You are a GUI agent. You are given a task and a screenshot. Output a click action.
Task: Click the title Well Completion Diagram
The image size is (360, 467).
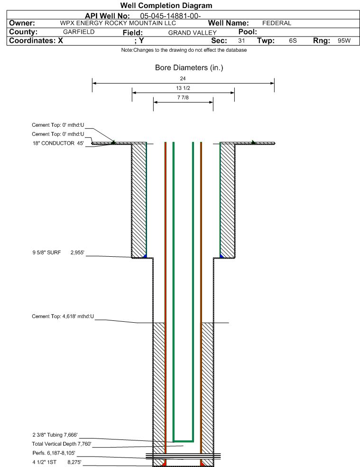pyautogui.click(x=166, y=6)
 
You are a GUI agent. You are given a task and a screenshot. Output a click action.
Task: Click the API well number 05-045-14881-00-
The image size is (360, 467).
pyautogui.click(x=170, y=16)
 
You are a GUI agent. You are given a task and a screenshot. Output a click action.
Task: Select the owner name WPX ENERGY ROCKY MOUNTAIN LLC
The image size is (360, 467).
pyautogui.click(x=118, y=23)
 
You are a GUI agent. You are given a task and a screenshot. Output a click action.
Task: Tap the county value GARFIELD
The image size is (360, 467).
pyautogui.click(x=79, y=32)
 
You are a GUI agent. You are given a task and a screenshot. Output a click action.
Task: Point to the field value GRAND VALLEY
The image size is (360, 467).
pyautogui.click(x=193, y=33)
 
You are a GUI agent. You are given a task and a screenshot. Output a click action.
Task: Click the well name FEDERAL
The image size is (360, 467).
pyautogui.click(x=277, y=23)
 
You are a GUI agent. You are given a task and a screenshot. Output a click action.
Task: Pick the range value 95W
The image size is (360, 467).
pyautogui.click(x=344, y=41)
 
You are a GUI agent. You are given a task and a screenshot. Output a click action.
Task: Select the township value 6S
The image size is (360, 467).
pyautogui.click(x=293, y=41)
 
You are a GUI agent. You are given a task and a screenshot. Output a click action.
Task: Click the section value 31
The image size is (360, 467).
pyautogui.click(x=241, y=41)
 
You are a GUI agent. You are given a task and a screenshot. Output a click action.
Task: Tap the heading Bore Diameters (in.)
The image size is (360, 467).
pyautogui.click(x=189, y=68)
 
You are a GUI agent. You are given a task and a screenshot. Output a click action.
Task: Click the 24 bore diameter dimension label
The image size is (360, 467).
pyautogui.click(x=183, y=79)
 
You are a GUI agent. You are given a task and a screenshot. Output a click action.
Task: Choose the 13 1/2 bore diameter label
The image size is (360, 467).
pyautogui.click(x=183, y=88)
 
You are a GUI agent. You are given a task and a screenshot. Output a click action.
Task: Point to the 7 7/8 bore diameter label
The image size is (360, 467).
pyautogui.click(x=183, y=98)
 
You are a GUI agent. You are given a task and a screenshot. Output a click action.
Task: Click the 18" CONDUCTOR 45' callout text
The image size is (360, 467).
pyautogui.click(x=58, y=143)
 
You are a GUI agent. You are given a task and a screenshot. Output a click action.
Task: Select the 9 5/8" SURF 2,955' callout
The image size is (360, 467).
pyautogui.click(x=58, y=252)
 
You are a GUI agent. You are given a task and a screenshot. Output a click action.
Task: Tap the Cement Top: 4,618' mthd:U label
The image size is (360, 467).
pyautogui.click(x=63, y=316)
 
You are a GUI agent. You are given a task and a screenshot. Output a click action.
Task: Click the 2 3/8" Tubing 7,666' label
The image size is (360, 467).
pyautogui.click(x=55, y=435)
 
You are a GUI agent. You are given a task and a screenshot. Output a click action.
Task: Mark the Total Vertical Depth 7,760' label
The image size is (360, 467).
pyautogui.click(x=62, y=444)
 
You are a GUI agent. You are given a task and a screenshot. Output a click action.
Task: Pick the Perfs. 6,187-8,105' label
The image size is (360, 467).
pyautogui.click(x=54, y=453)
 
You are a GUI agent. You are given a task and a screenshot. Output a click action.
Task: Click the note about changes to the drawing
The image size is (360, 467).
pyautogui.click(x=184, y=50)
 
